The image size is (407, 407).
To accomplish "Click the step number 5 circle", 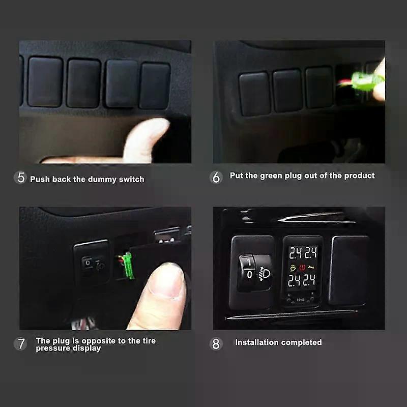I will coord(21,178).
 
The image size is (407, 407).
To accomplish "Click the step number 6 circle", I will coord(216,177).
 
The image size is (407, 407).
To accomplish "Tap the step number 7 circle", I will coord(21,343).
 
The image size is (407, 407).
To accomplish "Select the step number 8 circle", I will coord(216,343).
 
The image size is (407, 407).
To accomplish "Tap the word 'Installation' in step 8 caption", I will coord(257,342).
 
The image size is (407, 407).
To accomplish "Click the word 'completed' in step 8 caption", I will coord(302,342).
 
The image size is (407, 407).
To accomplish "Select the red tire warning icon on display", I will coord(303,267).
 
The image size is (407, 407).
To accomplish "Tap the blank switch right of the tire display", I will coord(349,270).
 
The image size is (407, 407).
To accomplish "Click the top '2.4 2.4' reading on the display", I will coord(302,253).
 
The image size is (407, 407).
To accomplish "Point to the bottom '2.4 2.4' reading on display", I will coord(302,280).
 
